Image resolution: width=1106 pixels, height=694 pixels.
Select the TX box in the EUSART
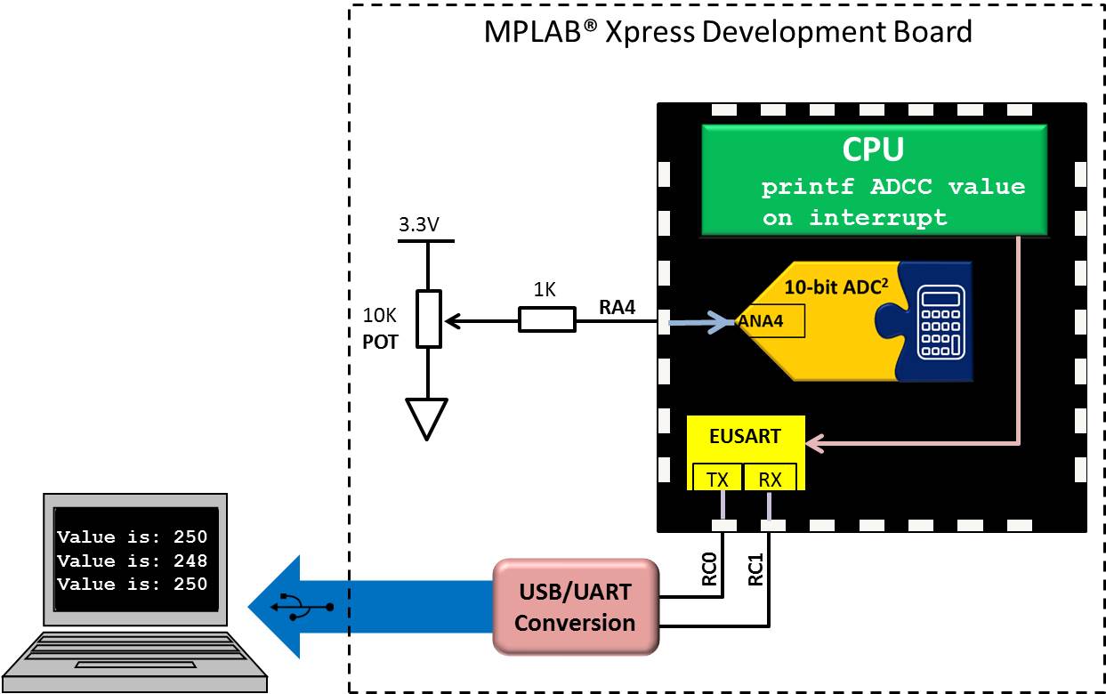click(x=717, y=479)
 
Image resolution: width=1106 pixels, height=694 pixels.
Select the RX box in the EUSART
click(x=770, y=479)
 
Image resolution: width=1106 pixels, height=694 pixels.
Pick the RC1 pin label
click(x=755, y=567)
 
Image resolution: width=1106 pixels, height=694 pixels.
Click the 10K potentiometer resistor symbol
click(x=428, y=319)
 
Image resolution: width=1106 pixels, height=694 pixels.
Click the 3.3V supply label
click(x=418, y=225)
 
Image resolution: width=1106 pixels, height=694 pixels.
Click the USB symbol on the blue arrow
click(x=303, y=606)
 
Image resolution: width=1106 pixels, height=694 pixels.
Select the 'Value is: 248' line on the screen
click(x=133, y=561)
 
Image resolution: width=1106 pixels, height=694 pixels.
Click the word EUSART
click(x=746, y=437)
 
